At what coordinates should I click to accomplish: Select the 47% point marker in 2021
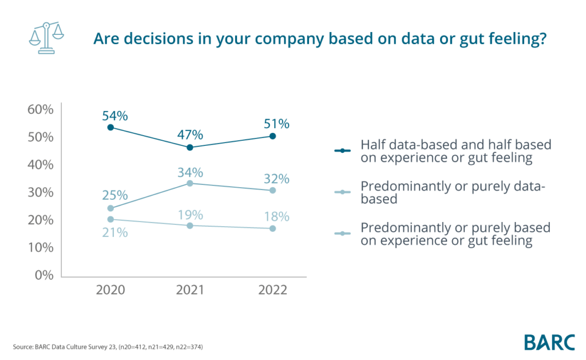coord(190,148)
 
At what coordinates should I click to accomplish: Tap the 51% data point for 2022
coord(272,136)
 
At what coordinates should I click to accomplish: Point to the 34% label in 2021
coord(190,172)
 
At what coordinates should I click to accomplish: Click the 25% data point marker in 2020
coord(111,208)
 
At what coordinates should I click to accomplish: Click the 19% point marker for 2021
coord(190,226)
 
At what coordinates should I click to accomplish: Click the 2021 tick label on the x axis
coord(190,290)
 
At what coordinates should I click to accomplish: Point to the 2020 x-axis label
coord(111,290)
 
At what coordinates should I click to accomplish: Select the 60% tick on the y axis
coord(41,109)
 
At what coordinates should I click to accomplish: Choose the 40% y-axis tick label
coord(41,165)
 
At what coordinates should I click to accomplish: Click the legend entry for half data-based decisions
coord(455,151)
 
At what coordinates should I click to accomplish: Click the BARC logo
coord(549,342)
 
